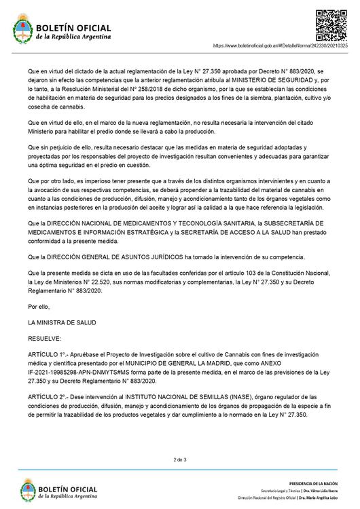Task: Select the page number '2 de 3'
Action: point(180,459)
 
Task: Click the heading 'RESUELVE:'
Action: point(44,337)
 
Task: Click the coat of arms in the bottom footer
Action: point(21,490)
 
